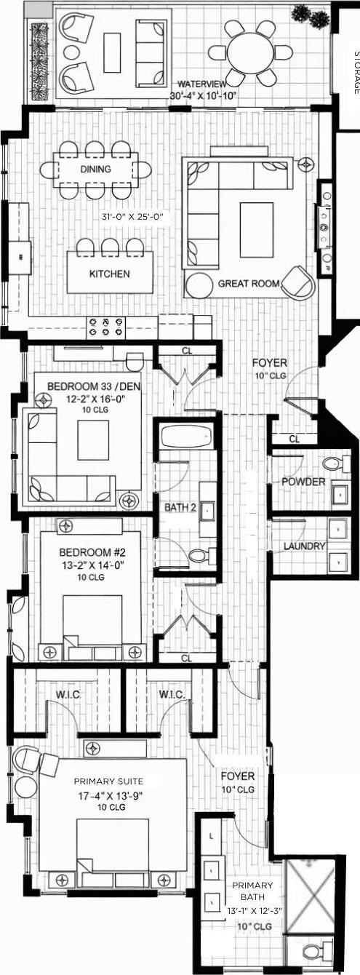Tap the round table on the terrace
[250, 52]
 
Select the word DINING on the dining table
[96, 170]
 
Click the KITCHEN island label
[109, 274]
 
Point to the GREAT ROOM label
[249, 283]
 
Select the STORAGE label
[356, 72]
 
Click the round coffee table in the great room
[199, 284]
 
